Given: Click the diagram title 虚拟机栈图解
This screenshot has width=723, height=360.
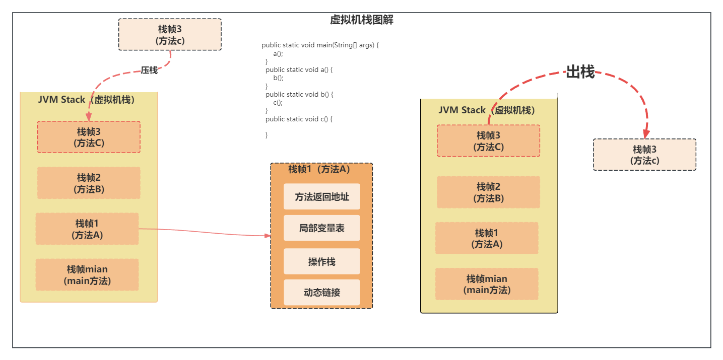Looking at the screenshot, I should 361,20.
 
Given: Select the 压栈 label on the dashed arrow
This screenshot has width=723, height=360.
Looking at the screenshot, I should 149,70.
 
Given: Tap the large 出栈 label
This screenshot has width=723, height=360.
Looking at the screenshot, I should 580,72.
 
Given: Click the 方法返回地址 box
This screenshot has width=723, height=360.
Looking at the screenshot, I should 321,197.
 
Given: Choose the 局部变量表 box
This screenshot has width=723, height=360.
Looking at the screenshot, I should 321,228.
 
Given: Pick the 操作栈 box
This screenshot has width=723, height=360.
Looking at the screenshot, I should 321,262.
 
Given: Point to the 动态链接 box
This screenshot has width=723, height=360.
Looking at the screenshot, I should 321,293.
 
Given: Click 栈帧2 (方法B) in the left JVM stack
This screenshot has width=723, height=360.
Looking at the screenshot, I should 89,183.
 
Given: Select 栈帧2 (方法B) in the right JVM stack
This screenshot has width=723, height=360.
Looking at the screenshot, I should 488,192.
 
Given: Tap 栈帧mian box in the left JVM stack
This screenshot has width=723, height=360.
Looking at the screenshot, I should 87,275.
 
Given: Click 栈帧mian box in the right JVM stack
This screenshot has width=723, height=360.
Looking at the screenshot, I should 487,284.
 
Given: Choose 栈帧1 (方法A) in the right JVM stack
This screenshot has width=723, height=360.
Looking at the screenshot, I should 487,239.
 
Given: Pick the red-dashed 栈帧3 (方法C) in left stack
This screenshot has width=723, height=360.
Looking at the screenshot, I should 89,137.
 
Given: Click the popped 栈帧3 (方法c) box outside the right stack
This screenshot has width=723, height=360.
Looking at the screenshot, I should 644,155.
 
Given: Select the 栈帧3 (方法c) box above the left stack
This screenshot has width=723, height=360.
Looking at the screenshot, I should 170,35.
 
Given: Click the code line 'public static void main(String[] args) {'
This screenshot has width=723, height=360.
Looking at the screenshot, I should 320,45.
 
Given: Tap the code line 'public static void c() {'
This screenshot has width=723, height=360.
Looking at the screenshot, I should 299,119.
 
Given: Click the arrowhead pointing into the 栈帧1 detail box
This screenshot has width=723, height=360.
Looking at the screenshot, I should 268,235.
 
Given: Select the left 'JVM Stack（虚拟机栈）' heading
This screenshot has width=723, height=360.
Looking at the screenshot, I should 86,100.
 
